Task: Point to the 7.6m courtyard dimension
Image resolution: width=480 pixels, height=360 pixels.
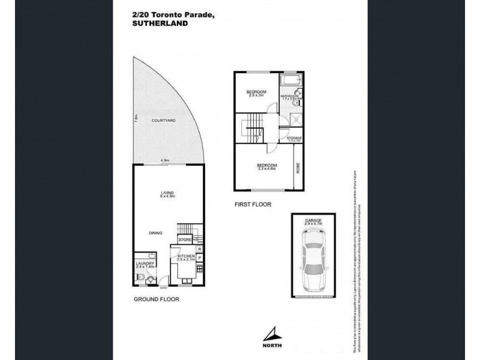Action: [136, 119]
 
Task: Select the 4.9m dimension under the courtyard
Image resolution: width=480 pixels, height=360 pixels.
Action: [164, 160]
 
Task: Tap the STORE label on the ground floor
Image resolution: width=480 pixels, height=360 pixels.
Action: [184, 240]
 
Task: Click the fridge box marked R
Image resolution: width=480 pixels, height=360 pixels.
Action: [199, 248]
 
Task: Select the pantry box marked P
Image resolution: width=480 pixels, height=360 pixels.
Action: [199, 259]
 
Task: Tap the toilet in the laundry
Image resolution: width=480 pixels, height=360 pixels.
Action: [140, 277]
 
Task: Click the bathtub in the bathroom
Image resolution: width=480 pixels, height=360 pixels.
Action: [292, 82]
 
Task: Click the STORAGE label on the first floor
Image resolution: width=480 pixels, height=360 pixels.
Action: [294, 139]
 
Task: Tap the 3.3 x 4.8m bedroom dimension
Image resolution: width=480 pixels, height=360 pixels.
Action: [267, 169]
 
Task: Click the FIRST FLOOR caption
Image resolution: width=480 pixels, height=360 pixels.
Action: [253, 205]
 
